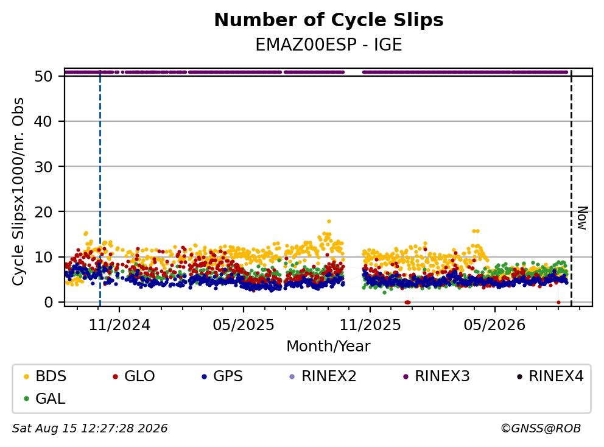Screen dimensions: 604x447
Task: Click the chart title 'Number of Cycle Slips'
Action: (329, 20)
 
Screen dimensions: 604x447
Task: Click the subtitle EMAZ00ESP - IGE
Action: (329, 44)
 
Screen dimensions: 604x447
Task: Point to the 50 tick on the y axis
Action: (43, 76)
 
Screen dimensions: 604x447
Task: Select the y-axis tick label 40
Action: (43, 121)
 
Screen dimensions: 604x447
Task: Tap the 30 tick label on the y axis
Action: (43, 166)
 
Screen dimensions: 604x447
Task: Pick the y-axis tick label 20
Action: (43, 211)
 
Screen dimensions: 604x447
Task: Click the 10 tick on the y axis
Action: (43, 257)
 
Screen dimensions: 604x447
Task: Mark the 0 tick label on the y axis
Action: (48, 302)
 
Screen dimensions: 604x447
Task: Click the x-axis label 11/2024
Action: (119, 325)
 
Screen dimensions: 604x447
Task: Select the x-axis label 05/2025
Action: (244, 325)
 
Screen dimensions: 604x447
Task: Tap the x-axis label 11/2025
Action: (370, 325)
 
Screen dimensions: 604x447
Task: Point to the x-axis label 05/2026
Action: (494, 325)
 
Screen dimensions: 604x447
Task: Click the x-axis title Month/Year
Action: (328, 346)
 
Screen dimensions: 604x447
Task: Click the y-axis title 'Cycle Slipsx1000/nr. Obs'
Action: (18, 191)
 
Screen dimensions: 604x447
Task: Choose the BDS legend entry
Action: (45, 376)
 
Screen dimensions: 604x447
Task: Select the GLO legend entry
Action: (134, 376)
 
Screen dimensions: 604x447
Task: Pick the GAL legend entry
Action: (44, 398)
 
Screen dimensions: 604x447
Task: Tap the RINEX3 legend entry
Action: (437, 376)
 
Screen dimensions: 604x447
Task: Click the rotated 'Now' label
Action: (583, 219)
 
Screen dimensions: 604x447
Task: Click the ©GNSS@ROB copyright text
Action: (541, 428)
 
